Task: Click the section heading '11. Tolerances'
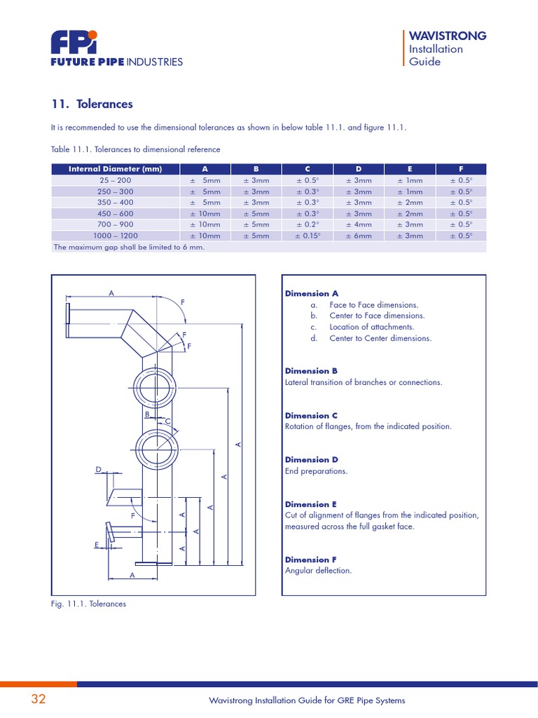tap(92, 104)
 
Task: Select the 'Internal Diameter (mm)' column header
tap(115, 169)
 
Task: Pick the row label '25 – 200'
tap(116, 180)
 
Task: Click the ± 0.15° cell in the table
tap(307, 236)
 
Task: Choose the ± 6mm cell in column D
tap(358, 236)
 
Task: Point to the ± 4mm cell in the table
tap(358, 224)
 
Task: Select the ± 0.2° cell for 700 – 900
tap(307, 224)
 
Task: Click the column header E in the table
tap(409, 169)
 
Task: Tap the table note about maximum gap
tap(130, 248)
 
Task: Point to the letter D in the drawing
tap(99, 469)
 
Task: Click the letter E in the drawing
tap(97, 543)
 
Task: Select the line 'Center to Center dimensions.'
tap(380, 338)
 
